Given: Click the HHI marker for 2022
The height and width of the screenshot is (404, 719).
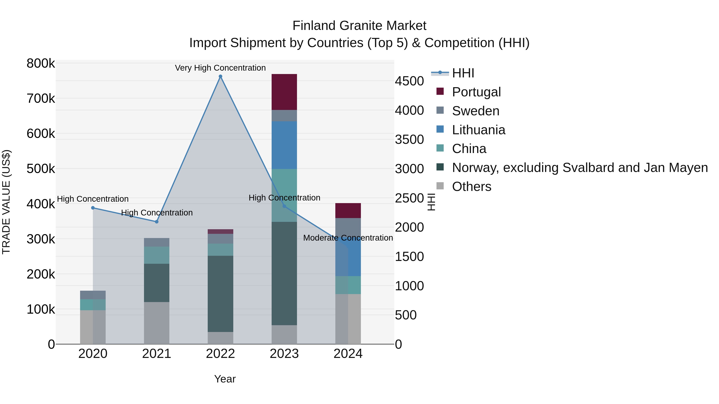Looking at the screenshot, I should (220, 76).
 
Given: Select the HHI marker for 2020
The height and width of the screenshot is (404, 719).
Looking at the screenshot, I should (93, 208).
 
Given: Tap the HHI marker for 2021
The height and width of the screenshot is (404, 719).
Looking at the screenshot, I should (157, 222).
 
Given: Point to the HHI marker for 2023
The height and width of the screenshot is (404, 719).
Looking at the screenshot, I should (284, 206).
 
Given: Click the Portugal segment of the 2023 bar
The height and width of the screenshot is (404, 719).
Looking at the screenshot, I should (284, 92).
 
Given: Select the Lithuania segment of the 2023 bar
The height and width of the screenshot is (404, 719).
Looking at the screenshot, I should (284, 145).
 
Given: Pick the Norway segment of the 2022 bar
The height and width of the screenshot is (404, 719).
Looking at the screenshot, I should (220, 294).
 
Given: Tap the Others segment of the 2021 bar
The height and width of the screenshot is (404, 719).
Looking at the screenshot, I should (157, 323).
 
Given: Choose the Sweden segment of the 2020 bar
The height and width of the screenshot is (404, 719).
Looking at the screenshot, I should (93, 295).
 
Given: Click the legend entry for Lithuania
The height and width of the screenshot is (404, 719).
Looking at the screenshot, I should (478, 130).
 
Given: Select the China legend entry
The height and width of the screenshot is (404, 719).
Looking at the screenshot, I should (469, 149).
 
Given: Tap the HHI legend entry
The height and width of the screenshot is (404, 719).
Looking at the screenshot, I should (463, 73).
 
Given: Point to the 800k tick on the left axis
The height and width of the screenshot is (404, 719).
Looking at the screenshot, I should (41, 63).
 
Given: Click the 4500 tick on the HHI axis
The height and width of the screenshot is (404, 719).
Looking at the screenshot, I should (409, 81).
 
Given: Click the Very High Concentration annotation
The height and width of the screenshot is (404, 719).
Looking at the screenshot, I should (220, 68).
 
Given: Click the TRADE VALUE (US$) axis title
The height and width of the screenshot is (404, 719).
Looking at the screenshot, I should (6, 202).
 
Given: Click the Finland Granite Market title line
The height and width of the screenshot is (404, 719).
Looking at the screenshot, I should (359, 26).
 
